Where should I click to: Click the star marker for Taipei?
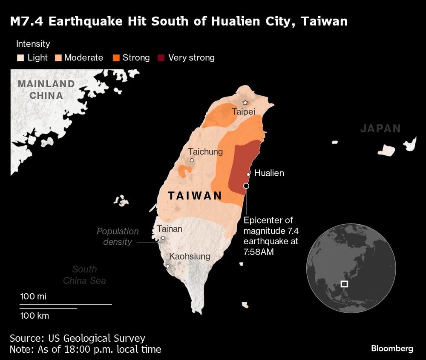(245, 103)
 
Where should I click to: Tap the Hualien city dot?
(248, 174)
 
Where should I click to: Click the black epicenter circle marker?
(246, 186)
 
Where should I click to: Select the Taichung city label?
(205, 151)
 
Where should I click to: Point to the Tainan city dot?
(163, 238)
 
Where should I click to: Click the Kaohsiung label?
(190, 257)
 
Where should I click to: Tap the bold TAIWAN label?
(195, 196)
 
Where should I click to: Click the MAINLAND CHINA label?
(46, 89)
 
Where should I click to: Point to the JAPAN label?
(380, 129)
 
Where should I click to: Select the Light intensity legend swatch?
(20, 57)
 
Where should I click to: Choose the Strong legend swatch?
(116, 57)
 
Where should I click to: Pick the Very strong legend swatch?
(162, 57)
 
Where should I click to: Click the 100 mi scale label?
(33, 297)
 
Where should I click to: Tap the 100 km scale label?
(35, 316)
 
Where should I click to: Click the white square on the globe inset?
(344, 284)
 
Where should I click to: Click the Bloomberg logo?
(392, 349)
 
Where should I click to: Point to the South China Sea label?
(84, 275)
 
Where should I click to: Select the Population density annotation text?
(118, 237)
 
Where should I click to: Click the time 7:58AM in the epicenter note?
(259, 252)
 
